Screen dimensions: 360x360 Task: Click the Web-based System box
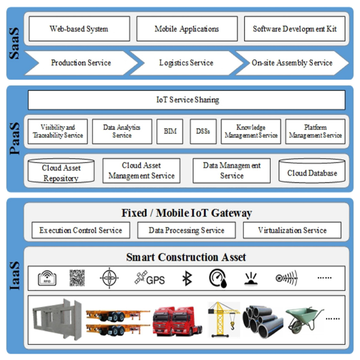[x=79, y=29]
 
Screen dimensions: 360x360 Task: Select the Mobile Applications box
[x=187, y=29]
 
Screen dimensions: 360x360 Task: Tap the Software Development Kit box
[x=294, y=29]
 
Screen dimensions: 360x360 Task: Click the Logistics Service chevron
[x=186, y=63]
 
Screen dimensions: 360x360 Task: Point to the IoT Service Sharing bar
[x=187, y=100]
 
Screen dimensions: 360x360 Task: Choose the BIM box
[x=170, y=131]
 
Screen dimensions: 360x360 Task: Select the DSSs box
[x=203, y=131]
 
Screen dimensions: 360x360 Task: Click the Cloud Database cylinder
[x=312, y=173]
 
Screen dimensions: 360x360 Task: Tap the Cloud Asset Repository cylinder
[x=61, y=173]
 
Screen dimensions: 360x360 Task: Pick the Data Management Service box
[x=232, y=170]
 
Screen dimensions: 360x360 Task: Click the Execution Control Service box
[x=81, y=230]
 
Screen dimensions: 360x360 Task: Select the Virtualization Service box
[x=292, y=230]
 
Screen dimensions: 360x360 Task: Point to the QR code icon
[x=77, y=278]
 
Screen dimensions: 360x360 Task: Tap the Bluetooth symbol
[x=187, y=278]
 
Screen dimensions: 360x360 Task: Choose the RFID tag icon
[x=47, y=278]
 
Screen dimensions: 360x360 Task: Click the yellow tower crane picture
[x=224, y=319]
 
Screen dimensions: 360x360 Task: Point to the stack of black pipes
[x=263, y=320]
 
